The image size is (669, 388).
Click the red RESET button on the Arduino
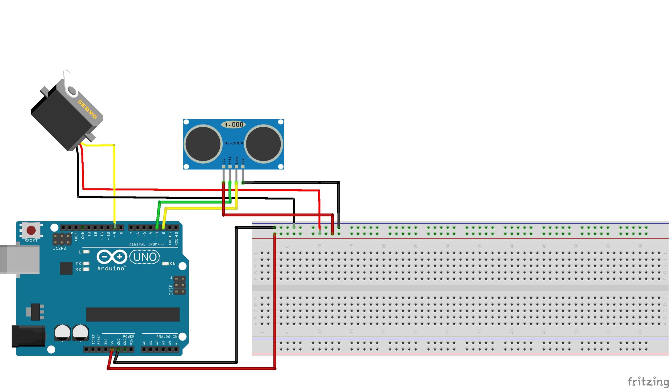[x=31, y=231]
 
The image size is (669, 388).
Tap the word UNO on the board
[x=145, y=257]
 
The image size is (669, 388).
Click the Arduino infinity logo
[x=112, y=257]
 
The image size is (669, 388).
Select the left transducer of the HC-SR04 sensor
[x=203, y=143]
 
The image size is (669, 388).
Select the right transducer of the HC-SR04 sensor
[x=263, y=143]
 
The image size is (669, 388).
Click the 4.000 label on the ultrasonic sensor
[x=234, y=124]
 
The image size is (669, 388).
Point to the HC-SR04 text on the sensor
[x=234, y=143]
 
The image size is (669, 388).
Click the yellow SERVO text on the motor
[x=87, y=109]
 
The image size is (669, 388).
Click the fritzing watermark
[x=647, y=381]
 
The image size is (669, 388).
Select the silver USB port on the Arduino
[x=20, y=260]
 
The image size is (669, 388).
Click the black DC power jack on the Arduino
[x=28, y=336]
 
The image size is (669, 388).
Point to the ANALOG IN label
[x=167, y=337]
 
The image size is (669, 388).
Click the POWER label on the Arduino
[x=129, y=337]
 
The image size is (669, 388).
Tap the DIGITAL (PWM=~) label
[x=146, y=244]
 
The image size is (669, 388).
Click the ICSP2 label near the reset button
[x=59, y=248]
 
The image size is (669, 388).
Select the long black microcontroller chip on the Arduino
[x=133, y=315]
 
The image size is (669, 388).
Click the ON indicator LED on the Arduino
[x=166, y=264]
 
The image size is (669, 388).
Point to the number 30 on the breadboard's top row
[x=448, y=246]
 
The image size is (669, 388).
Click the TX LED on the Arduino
[x=86, y=263]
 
